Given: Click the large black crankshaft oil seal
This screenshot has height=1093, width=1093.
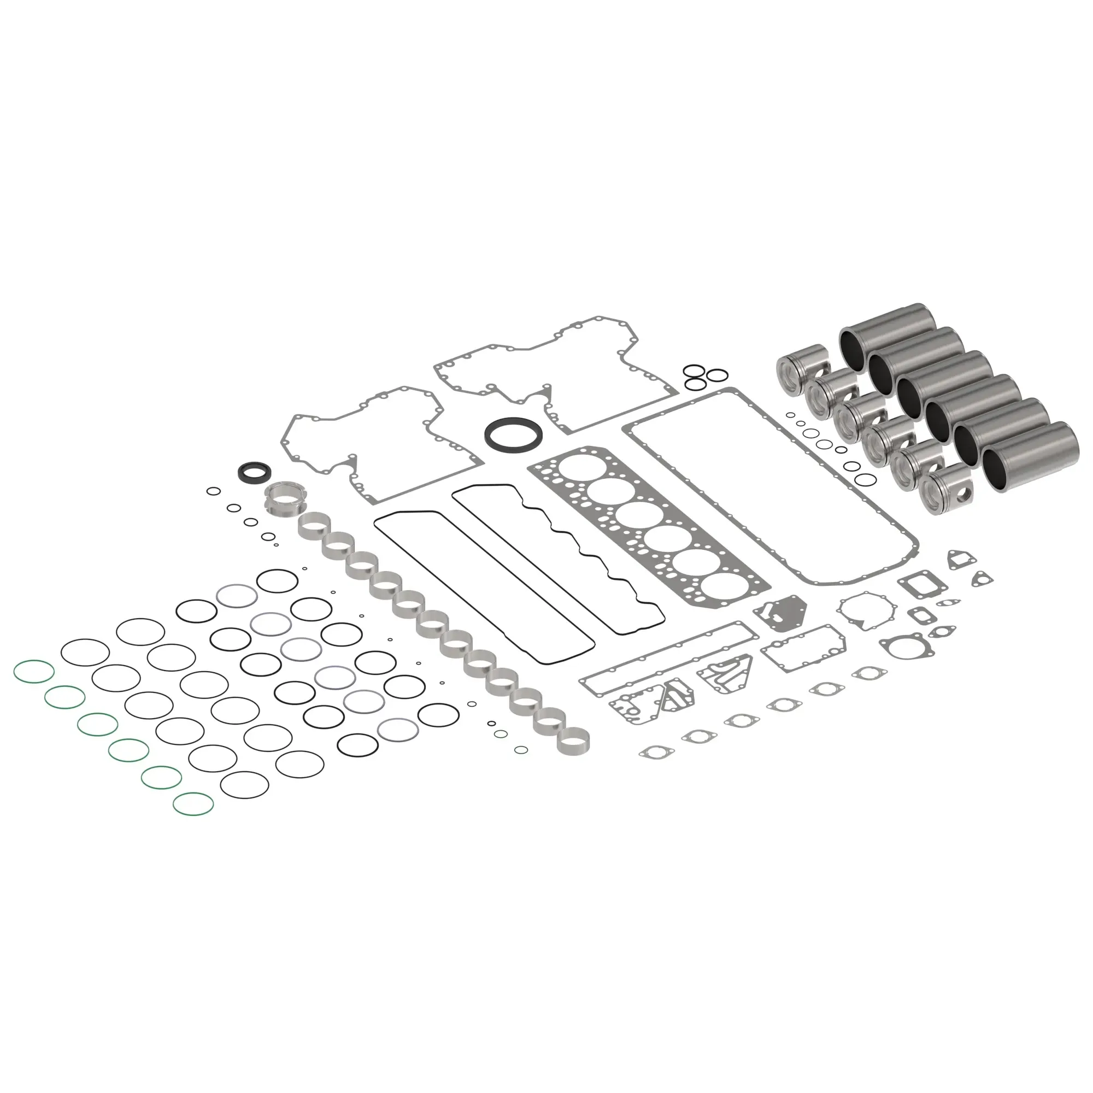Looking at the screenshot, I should coord(514,435).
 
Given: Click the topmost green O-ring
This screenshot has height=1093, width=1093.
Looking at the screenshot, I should coord(34,672).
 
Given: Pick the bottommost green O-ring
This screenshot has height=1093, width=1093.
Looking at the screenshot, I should coord(193,804).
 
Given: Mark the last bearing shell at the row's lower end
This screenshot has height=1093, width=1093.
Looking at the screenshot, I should coord(573,742).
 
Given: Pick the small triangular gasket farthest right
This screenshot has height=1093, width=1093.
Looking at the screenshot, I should coord(982,578).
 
